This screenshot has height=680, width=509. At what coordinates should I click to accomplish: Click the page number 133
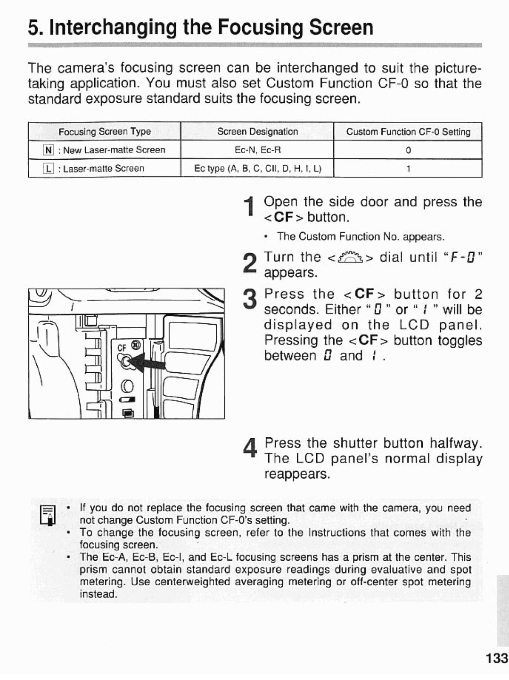[497, 658]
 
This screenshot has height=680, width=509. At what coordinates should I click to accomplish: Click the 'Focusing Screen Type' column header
[105, 131]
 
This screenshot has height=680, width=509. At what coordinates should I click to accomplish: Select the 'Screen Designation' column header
[257, 131]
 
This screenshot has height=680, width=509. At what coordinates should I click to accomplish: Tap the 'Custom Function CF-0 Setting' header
[408, 132]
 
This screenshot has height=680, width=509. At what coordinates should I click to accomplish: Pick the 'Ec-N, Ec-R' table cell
[257, 150]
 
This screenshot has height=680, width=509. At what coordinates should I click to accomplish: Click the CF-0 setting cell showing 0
[408, 150]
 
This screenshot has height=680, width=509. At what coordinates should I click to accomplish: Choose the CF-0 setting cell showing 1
[408, 169]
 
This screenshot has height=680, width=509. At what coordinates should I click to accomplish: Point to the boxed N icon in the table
[48, 150]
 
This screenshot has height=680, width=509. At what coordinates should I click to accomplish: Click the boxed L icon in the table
[48, 169]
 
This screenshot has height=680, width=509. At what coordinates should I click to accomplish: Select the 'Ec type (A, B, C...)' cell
[257, 169]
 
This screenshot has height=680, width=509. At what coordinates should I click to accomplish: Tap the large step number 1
[250, 209]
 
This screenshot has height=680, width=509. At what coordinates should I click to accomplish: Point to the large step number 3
[250, 302]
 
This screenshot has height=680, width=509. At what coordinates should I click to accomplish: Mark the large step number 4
[250, 450]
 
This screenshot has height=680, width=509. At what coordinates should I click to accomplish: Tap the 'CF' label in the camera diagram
[122, 347]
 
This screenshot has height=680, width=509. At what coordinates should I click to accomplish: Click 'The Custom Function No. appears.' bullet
[361, 237]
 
